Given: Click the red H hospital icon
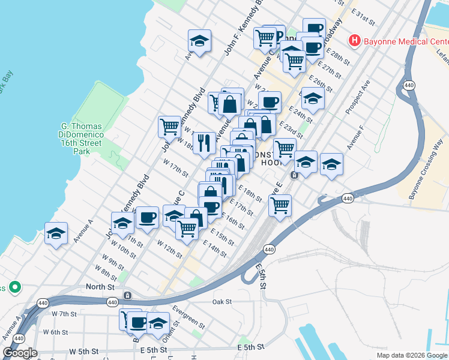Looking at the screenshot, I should click(x=354, y=41).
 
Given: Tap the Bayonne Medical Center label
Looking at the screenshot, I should click(x=405, y=41).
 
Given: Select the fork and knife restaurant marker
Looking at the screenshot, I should click(x=204, y=143).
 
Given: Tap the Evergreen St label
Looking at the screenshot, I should click(x=188, y=317).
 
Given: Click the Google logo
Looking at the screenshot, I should click(x=20, y=353).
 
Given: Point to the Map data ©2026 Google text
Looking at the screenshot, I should click(x=412, y=355).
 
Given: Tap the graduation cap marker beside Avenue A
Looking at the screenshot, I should click(x=56, y=234).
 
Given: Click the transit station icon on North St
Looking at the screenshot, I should click(x=127, y=296).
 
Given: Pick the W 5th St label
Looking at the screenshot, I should click(x=83, y=351).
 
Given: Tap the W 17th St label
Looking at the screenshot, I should click(x=175, y=169).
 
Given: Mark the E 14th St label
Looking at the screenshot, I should click(x=214, y=249).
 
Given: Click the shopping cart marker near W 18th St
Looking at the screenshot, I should click(x=170, y=127).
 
